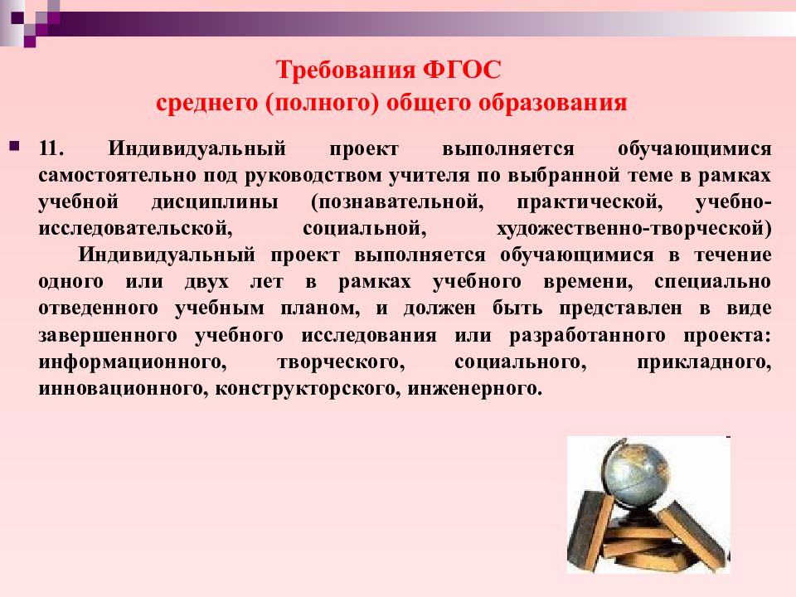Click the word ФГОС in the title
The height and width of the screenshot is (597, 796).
(462, 70)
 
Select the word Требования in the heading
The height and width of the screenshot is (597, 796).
(346, 70)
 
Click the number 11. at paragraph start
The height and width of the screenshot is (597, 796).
(51, 148)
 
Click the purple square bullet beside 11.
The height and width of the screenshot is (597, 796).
(15, 148)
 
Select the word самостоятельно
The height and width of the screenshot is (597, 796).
(117, 175)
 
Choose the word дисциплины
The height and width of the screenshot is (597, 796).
(215, 202)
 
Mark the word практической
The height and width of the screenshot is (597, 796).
(590, 202)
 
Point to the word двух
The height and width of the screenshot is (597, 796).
(206, 282)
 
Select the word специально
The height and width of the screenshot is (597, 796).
(713, 282)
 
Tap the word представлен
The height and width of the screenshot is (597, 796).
(621, 308)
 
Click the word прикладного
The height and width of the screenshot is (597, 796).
(704, 362)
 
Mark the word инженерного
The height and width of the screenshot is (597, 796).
(475, 388)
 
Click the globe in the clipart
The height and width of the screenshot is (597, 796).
(635, 475)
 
